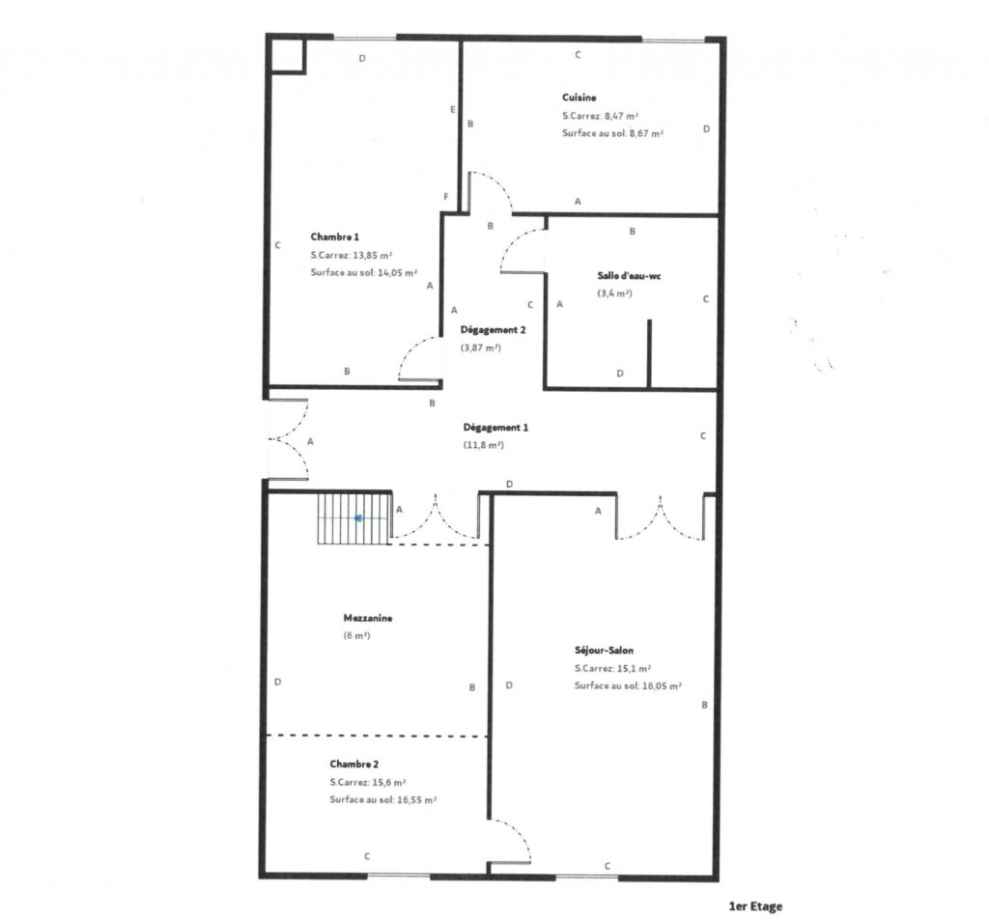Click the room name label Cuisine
point(579,98)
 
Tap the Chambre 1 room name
point(334,237)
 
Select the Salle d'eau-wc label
point(628,275)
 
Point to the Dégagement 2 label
point(493,329)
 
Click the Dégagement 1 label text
point(495,427)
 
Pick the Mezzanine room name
point(367,618)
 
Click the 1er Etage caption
point(755,906)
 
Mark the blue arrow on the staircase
point(359,518)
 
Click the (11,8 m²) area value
point(483,445)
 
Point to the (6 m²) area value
point(356,636)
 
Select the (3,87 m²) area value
point(480,348)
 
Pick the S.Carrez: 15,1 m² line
point(611,668)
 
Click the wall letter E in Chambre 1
point(453,110)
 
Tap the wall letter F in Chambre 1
point(445,197)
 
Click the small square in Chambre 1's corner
point(287,55)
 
